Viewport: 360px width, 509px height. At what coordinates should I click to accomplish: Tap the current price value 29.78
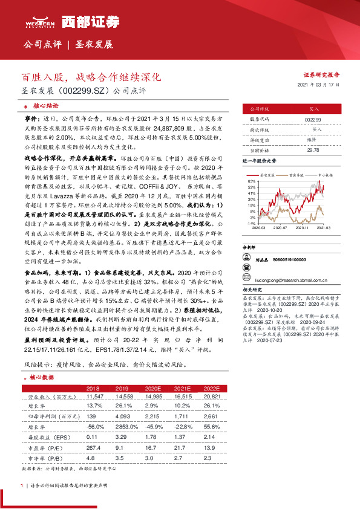tap(313, 150)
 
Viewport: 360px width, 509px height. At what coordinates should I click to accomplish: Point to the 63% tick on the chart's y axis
tap(250, 181)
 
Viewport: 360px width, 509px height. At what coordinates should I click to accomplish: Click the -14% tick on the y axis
tap(250, 223)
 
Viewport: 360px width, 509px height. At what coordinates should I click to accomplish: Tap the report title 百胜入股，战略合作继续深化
tap(90, 77)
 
